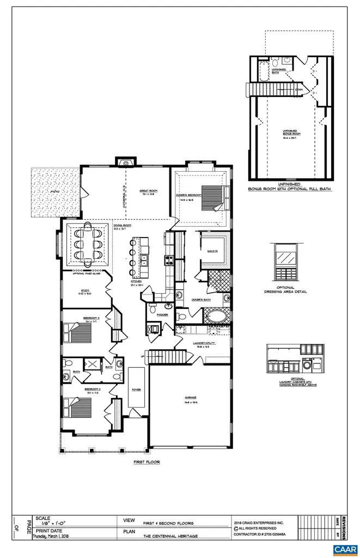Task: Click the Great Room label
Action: [x=148, y=191]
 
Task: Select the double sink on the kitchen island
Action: [x=144, y=262]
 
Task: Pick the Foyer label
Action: [x=136, y=390]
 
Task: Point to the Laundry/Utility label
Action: [x=204, y=343]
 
